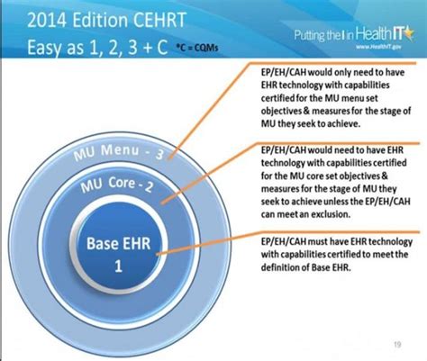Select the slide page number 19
click(398, 343)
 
